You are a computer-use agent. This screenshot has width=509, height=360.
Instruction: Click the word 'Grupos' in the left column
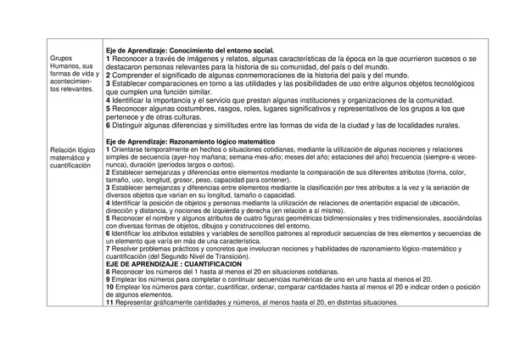point(61,59)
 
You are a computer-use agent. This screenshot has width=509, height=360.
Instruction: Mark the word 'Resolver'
point(127,248)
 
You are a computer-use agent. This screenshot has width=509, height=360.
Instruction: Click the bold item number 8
point(108,272)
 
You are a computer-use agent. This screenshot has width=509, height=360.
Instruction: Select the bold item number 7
point(108,248)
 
